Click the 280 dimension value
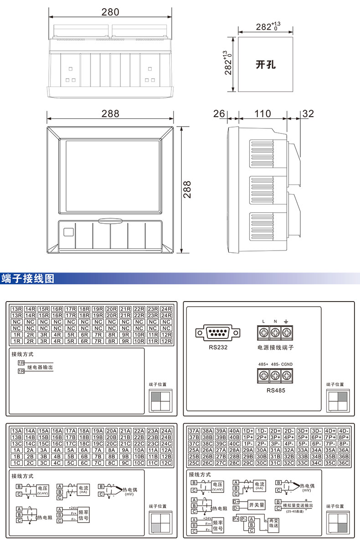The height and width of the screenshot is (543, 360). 110,12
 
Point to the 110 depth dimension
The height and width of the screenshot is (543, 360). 262,113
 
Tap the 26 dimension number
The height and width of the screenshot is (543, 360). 219,113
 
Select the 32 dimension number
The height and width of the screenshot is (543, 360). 308,113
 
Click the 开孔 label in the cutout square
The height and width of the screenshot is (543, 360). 265,64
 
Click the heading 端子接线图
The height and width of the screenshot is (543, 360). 28,278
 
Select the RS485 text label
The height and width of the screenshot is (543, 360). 275,390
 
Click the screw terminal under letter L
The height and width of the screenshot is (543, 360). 264,333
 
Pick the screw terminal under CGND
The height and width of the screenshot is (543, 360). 287,376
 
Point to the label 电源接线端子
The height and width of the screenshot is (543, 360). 275,348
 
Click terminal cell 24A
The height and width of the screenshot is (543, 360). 166,430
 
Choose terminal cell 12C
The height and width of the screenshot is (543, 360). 166,463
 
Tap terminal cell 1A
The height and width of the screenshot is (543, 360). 17,450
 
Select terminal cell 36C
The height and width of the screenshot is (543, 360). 344,463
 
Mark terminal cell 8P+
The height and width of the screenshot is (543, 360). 344,437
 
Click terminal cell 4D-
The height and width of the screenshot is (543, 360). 344,430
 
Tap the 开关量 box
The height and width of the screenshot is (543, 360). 256,505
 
